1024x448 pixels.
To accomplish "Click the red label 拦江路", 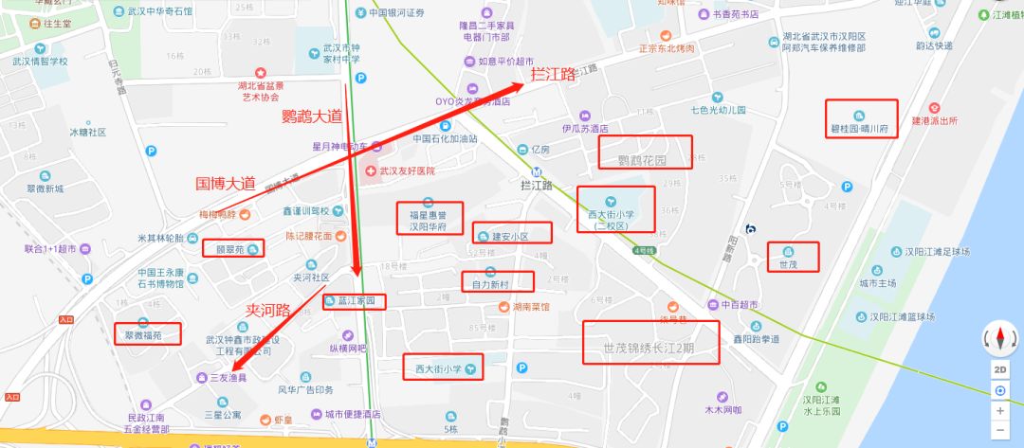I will coord(554,75).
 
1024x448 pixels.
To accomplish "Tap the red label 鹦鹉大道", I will coord(312,117).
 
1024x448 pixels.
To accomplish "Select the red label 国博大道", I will coord(226,183).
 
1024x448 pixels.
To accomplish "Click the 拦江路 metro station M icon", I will coord(538,172).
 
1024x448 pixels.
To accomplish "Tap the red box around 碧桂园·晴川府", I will coord(860,119).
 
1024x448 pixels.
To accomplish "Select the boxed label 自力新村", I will coord(497,282).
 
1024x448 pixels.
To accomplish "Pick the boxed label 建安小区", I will coord(510,234).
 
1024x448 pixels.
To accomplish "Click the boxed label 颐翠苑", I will coord(232,249).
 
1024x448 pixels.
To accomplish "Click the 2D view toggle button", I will coord(1000,368).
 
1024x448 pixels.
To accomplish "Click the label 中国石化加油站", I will coord(442,138).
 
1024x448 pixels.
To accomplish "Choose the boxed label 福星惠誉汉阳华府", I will coord(429,219).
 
